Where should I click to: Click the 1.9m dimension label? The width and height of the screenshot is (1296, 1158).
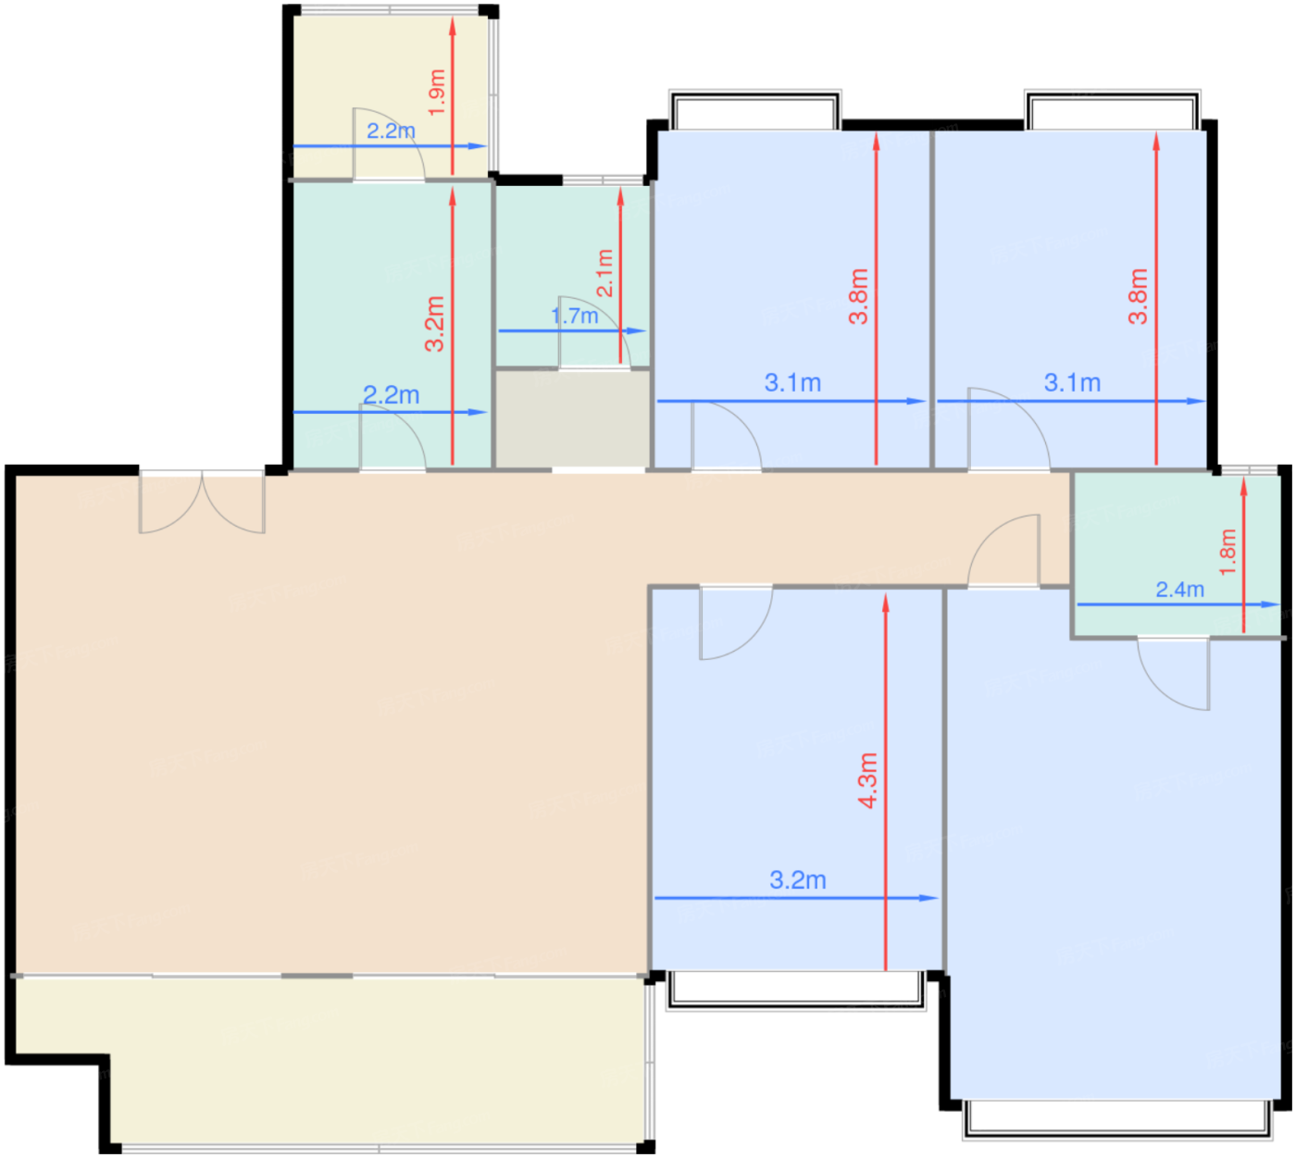click(x=437, y=93)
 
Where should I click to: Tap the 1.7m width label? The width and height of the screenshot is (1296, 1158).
click(x=575, y=316)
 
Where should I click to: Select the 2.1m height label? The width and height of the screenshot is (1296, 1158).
click(x=604, y=273)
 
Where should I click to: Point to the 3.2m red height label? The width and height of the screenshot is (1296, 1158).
click(x=434, y=324)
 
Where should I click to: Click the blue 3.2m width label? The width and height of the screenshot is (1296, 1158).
click(x=798, y=879)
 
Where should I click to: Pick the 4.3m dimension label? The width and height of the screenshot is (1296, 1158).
click(x=867, y=780)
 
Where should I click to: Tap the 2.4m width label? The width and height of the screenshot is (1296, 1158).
click(x=1179, y=590)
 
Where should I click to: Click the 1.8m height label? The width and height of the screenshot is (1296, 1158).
click(x=1227, y=552)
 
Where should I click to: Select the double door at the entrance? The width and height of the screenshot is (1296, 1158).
click(x=202, y=503)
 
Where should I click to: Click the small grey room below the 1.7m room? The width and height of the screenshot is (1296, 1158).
click(x=573, y=418)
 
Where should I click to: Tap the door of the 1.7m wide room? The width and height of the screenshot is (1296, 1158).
click(x=594, y=332)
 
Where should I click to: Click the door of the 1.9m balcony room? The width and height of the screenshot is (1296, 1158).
click(x=389, y=144)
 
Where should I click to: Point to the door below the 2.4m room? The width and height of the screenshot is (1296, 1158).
click(x=1173, y=674)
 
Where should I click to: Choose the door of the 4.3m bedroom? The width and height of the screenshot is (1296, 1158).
click(x=736, y=623)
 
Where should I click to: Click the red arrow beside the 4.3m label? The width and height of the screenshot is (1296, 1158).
click(x=885, y=781)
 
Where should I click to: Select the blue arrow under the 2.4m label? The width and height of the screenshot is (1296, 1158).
click(x=1178, y=604)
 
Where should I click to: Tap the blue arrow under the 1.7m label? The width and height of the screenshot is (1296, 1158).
click(x=572, y=330)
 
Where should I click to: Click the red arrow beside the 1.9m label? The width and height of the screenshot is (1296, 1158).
click(x=453, y=96)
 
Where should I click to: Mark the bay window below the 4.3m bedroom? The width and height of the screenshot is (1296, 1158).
click(x=796, y=990)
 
